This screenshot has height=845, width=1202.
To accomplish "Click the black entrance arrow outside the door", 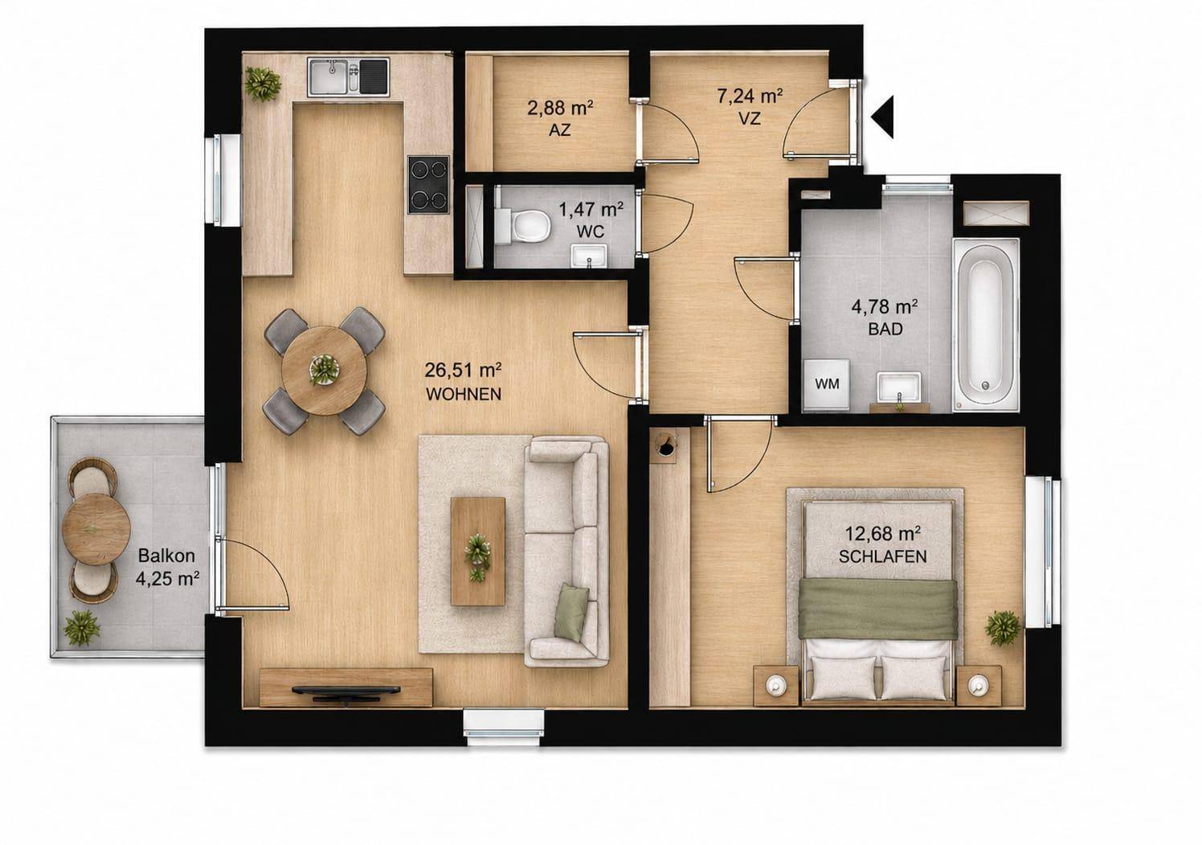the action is (883, 117).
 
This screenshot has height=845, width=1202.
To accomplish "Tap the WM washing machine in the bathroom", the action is (827, 385).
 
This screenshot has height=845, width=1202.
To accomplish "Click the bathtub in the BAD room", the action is (986, 326).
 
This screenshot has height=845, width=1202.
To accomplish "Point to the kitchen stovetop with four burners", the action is (428, 184).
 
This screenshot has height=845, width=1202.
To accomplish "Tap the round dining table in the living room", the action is (324, 371).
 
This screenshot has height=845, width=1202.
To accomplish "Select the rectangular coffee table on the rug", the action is (478, 551).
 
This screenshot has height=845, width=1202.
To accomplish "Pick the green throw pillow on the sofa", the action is (571, 613).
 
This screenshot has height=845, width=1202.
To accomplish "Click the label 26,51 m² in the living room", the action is (463, 370).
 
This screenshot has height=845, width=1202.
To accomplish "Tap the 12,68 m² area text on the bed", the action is (883, 534).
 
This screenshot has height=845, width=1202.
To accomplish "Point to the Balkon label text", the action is (166, 555).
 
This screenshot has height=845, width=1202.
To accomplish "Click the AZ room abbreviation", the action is (560, 130).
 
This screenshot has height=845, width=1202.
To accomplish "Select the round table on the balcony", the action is (96, 529).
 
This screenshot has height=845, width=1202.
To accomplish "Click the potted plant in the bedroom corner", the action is (1003, 628).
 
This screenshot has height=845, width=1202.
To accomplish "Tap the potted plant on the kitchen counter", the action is (263, 84).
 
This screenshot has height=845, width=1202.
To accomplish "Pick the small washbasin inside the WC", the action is (589, 256).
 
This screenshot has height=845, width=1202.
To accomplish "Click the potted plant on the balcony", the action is (82, 628).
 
